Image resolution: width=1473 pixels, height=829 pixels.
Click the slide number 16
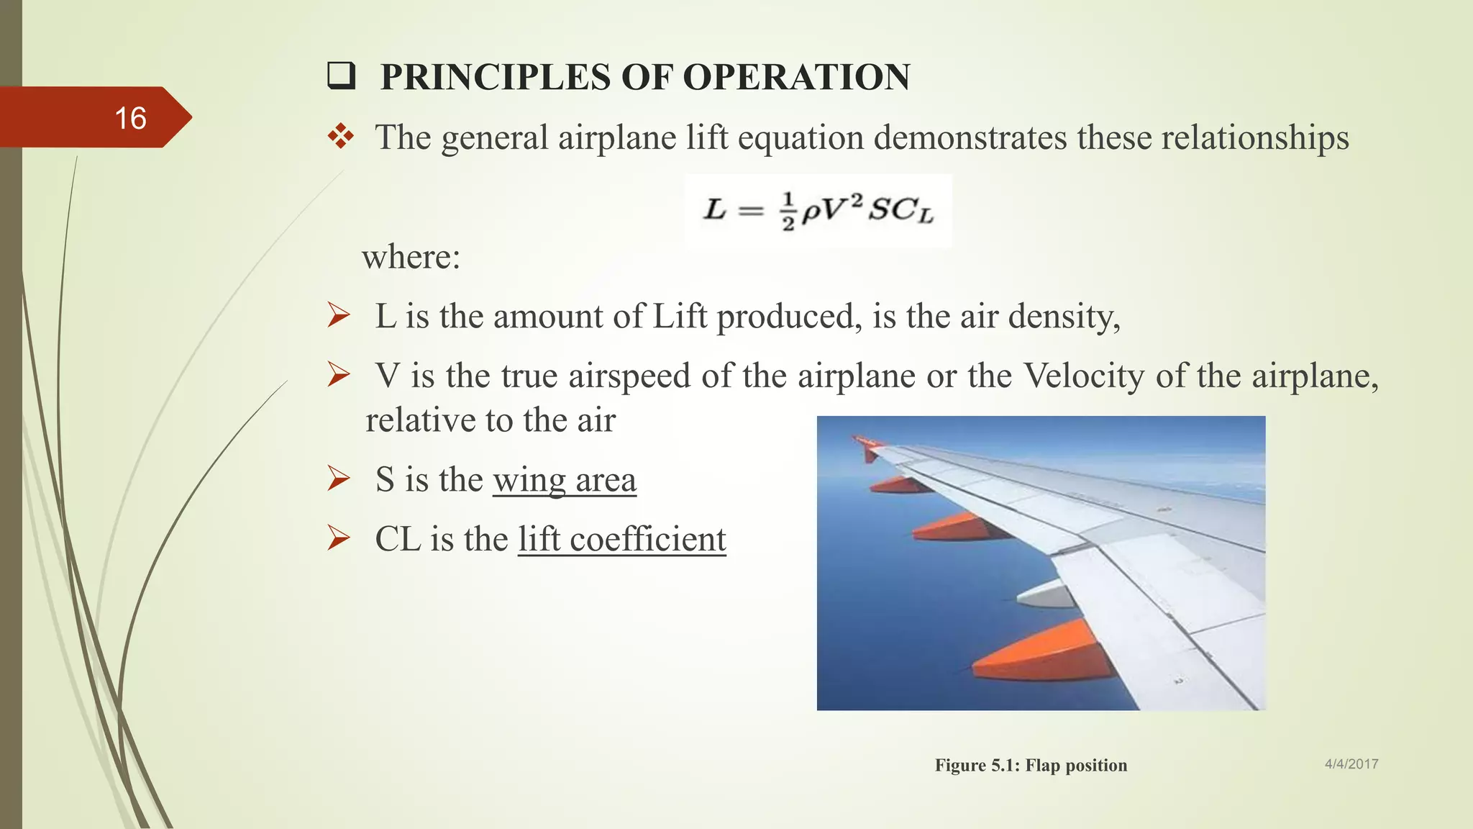(130, 118)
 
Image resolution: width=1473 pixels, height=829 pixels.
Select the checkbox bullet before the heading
(341, 76)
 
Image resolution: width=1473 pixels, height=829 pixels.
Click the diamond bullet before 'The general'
(341, 136)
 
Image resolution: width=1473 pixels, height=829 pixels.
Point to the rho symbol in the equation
(811, 212)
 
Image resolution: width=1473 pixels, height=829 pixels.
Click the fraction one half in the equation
(788, 212)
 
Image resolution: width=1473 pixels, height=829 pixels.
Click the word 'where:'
(411, 257)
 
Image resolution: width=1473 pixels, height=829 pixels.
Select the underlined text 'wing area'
(565, 480)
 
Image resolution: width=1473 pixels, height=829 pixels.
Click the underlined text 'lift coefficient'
(622, 540)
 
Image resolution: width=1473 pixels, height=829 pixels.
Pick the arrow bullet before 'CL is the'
(339, 538)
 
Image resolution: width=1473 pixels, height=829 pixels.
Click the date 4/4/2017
(1351, 764)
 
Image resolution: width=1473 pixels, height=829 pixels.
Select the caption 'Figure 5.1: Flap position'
(1031, 765)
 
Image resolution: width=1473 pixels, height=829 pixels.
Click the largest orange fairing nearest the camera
(1043, 655)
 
